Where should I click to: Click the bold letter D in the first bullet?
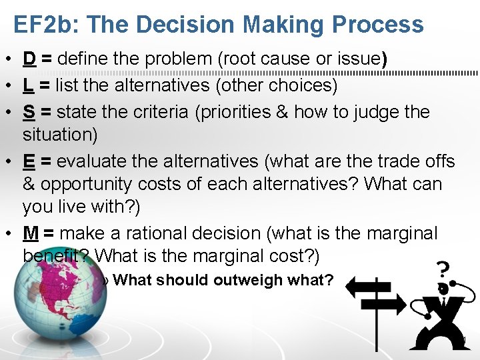29,59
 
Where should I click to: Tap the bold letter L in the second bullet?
29,85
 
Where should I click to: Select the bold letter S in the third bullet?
29,111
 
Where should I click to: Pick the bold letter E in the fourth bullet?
29,161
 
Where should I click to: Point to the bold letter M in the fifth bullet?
31,233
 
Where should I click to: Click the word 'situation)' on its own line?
60,134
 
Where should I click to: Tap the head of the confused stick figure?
442,289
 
